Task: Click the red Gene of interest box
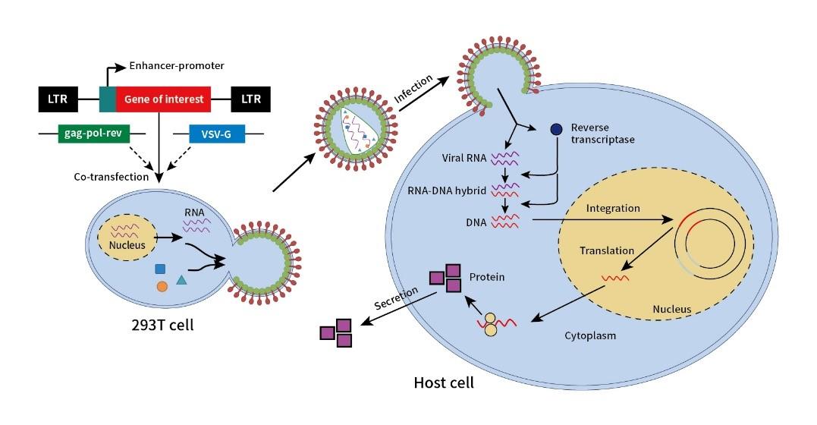pyautogui.click(x=163, y=99)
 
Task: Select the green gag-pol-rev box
pyautogui.click(x=94, y=134)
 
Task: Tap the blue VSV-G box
pyautogui.click(x=216, y=134)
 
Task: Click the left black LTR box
pyautogui.click(x=58, y=99)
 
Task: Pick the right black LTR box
pyautogui.click(x=250, y=99)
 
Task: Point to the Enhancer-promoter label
pyautogui.click(x=177, y=66)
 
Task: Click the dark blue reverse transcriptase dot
pyautogui.click(x=557, y=129)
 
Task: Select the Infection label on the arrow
pyautogui.click(x=413, y=89)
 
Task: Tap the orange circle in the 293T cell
pyautogui.click(x=162, y=286)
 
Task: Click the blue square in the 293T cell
pyautogui.click(x=160, y=269)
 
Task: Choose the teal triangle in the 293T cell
pyautogui.click(x=181, y=280)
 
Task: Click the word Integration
pyautogui.click(x=613, y=209)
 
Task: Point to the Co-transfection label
pyautogui.click(x=111, y=177)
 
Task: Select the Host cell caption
pyautogui.click(x=444, y=382)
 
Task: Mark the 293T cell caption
pyautogui.click(x=162, y=325)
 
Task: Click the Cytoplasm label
pyautogui.click(x=590, y=335)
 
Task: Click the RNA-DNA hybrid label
pyautogui.click(x=447, y=190)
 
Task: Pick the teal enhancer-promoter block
pyautogui.click(x=108, y=99)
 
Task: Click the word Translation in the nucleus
pyautogui.click(x=607, y=251)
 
